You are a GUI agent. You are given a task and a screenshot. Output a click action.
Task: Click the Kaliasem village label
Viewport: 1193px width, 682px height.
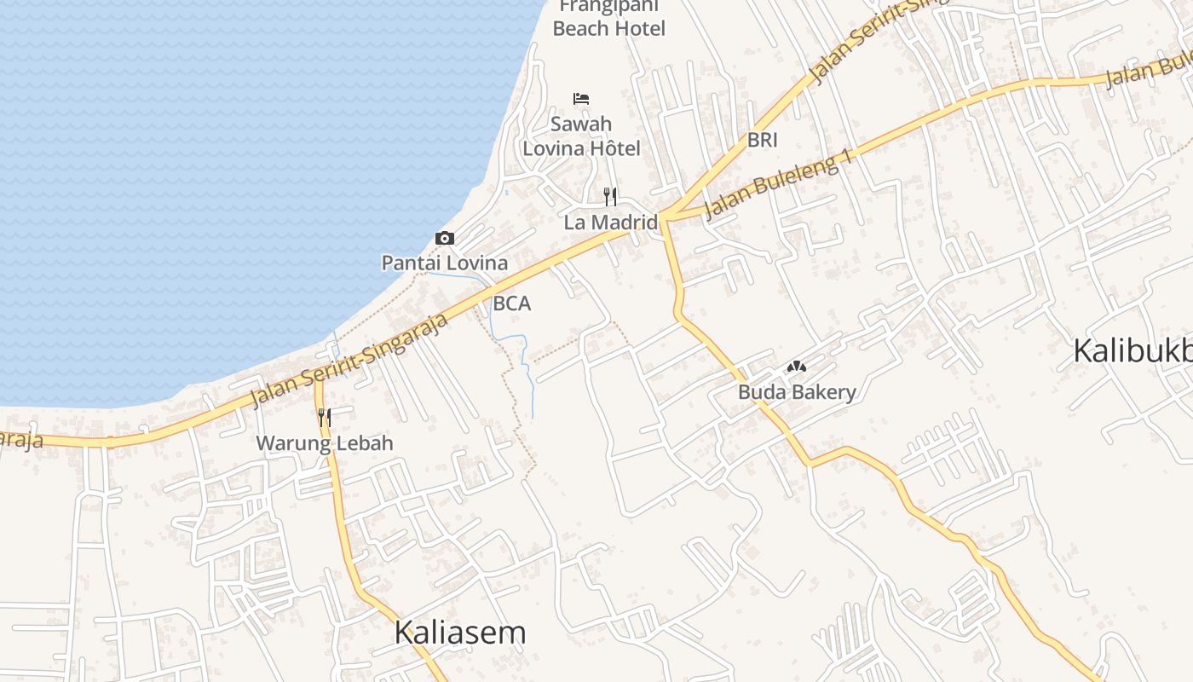pos(459,633)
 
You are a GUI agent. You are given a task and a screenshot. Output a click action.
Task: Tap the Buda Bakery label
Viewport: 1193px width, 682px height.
pos(797,392)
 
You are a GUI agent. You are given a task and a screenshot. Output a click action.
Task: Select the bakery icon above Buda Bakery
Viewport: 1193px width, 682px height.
pos(797,367)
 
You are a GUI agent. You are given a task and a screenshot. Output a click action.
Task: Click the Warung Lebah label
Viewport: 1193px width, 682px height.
pos(325,443)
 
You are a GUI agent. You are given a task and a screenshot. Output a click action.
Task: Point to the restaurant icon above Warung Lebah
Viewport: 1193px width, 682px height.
pos(325,417)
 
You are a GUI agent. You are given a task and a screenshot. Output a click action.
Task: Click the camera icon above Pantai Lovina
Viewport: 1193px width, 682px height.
pos(444,239)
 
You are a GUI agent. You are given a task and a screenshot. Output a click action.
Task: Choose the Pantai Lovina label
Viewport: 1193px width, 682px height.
pos(444,263)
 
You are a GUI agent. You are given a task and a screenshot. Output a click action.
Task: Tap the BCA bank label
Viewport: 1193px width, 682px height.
pos(511,303)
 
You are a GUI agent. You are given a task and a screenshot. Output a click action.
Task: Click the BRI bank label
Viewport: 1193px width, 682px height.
pos(762,140)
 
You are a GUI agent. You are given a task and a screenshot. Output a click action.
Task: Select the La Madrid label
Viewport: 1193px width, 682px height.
pos(610,223)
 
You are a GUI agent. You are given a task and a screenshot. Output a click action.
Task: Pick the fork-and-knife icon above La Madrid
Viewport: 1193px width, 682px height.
pos(610,198)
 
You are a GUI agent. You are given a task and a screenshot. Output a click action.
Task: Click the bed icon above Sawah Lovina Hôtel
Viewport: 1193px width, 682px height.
pos(581,99)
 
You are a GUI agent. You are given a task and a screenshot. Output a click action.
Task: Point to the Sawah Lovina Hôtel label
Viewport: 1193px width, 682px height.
pos(581,136)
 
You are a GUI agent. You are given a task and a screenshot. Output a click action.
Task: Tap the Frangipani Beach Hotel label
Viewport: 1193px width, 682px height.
pos(608,19)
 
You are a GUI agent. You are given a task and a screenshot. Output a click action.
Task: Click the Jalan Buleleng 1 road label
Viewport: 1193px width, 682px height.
pos(778,188)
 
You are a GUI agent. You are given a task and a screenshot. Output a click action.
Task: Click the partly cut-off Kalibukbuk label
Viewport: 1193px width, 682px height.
pos(1132,350)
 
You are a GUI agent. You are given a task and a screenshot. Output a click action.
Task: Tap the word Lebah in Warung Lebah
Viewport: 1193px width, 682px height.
pos(364,443)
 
